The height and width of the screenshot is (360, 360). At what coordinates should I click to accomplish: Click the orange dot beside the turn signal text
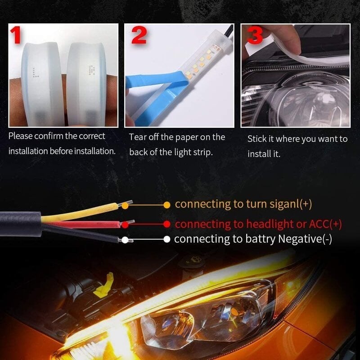(x=167, y=204)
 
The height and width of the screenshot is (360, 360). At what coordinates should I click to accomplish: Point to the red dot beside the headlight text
(x=167, y=224)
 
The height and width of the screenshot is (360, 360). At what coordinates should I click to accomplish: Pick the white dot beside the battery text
(x=167, y=239)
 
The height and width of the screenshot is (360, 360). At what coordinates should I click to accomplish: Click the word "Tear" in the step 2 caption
(x=138, y=137)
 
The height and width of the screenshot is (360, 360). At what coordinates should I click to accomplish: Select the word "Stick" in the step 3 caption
(x=257, y=139)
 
